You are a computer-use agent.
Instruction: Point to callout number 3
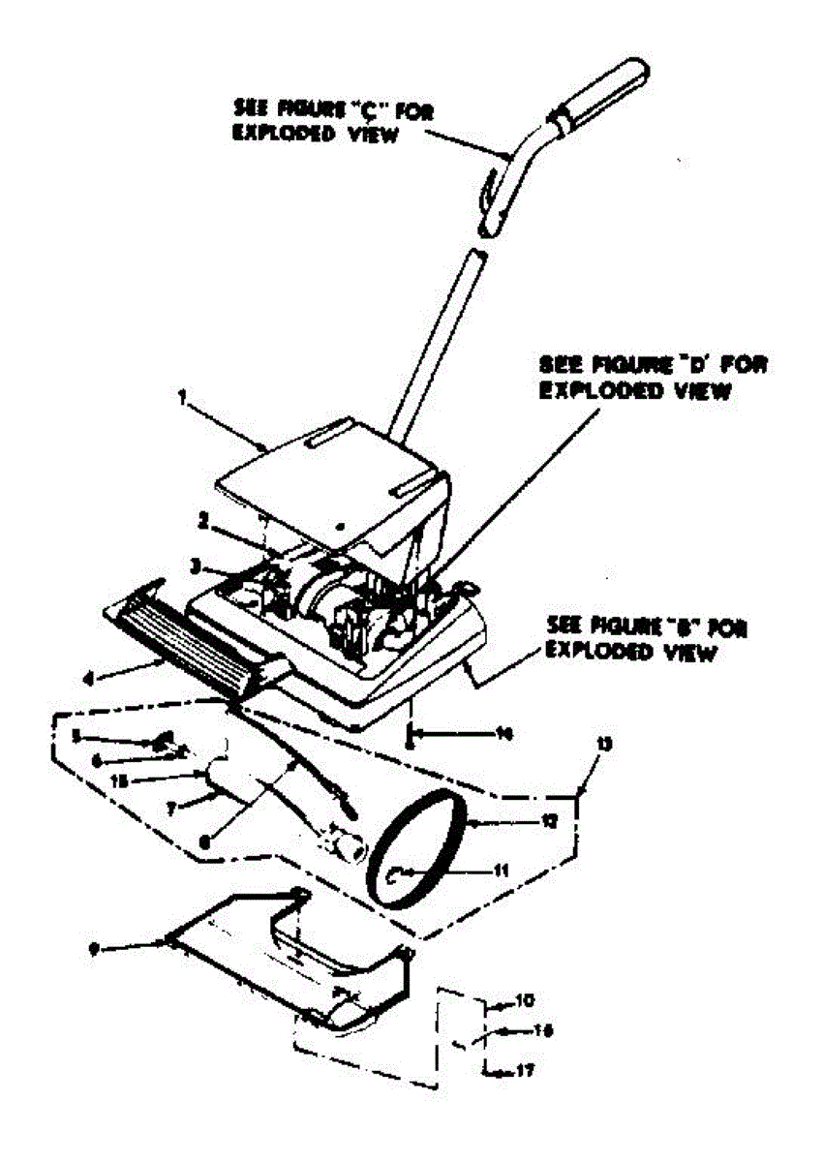coord(194,562)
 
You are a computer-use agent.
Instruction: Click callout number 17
coord(524,1071)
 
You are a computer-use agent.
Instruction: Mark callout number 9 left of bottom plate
coord(93,950)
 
